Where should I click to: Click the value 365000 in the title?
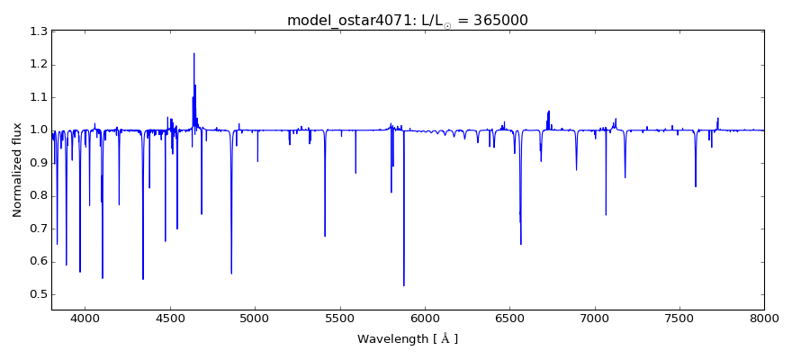[x=499, y=21]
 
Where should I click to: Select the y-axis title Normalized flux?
[x=18, y=170]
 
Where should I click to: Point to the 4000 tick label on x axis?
[x=85, y=318]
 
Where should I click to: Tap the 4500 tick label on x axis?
[x=170, y=318]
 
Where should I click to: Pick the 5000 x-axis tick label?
[x=255, y=318]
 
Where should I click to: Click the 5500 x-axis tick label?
[x=339, y=318]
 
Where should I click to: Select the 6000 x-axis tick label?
[x=425, y=318]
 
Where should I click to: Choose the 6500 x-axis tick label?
[x=509, y=318]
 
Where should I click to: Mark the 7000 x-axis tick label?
[x=594, y=318]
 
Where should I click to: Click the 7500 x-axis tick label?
[x=679, y=318]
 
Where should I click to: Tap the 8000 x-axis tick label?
[x=764, y=318]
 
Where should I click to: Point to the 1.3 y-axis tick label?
[x=38, y=31]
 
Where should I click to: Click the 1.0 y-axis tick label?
[x=38, y=130]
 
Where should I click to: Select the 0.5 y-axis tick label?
[x=38, y=295]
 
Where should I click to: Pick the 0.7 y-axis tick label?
[x=38, y=229]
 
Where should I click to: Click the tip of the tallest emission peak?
[x=193, y=53]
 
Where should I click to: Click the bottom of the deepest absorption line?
[x=404, y=286]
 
